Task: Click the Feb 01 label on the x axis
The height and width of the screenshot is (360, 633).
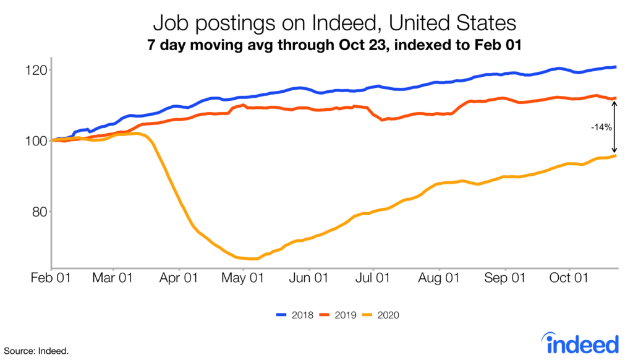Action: pyautogui.click(x=51, y=279)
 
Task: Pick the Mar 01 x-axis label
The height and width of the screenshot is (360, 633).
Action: pyautogui.click(x=113, y=279)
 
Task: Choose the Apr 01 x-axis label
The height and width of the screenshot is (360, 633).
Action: pyautogui.click(x=179, y=279)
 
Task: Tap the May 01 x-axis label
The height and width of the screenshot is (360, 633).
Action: pyautogui.click(x=243, y=279)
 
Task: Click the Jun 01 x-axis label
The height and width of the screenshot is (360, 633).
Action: pyautogui.click(x=308, y=279)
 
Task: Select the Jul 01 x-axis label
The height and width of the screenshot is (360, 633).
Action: pyautogui.click(x=373, y=279)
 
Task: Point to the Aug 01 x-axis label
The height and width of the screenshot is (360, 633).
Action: pyautogui.click(x=438, y=279)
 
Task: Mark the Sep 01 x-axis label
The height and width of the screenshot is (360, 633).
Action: pyautogui.click(x=504, y=279)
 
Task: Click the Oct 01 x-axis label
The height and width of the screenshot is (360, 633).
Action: pyautogui.click(x=568, y=279)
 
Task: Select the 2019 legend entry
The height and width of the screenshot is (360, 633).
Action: pyautogui.click(x=338, y=315)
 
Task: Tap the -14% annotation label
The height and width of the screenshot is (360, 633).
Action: pyautogui.click(x=600, y=127)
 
